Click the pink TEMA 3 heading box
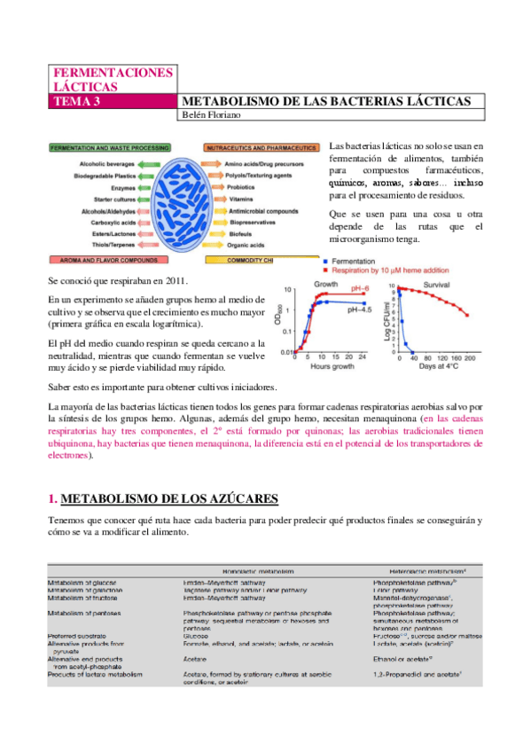[x=113, y=102]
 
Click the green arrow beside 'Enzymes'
[x=148, y=188]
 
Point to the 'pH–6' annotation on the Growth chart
[x=359, y=289]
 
